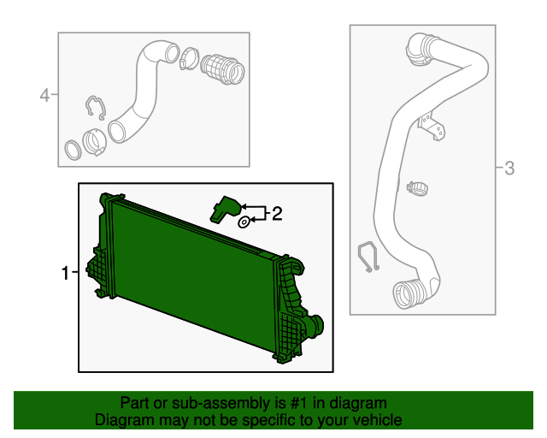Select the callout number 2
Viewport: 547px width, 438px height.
click(276, 214)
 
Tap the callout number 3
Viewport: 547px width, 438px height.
click(509, 169)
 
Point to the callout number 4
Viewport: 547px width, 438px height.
click(44, 95)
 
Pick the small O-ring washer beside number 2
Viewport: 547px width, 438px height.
click(243, 222)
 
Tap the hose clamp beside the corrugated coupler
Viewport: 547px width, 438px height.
click(190, 60)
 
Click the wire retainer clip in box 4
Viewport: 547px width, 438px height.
click(95, 109)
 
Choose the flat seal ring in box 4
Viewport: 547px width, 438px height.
click(75, 151)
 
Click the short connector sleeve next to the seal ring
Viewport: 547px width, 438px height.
click(94, 140)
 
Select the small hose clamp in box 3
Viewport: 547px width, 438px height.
click(418, 185)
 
